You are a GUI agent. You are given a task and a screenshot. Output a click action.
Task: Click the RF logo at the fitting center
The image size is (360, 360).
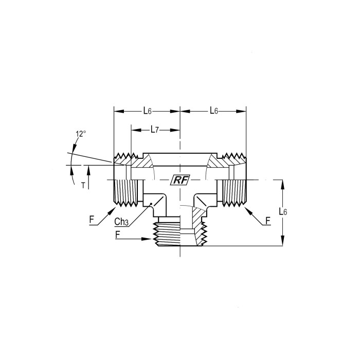(180, 180)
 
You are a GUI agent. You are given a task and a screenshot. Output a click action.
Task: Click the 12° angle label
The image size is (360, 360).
(81, 134)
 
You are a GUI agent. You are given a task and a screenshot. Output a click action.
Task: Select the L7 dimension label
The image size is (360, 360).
(154, 130)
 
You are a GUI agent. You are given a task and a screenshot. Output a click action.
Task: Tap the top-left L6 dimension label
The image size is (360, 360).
(148, 111)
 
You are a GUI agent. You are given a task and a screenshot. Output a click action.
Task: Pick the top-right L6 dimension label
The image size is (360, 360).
(214, 111)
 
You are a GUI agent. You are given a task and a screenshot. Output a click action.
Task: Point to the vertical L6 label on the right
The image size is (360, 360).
(283, 211)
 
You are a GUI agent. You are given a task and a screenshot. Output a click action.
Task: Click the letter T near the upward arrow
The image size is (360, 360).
(83, 185)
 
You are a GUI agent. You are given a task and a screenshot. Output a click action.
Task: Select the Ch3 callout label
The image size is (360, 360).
(121, 222)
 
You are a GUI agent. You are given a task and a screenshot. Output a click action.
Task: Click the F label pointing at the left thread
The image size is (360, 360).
(92, 220)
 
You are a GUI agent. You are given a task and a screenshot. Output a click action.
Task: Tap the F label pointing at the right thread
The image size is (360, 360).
(268, 221)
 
